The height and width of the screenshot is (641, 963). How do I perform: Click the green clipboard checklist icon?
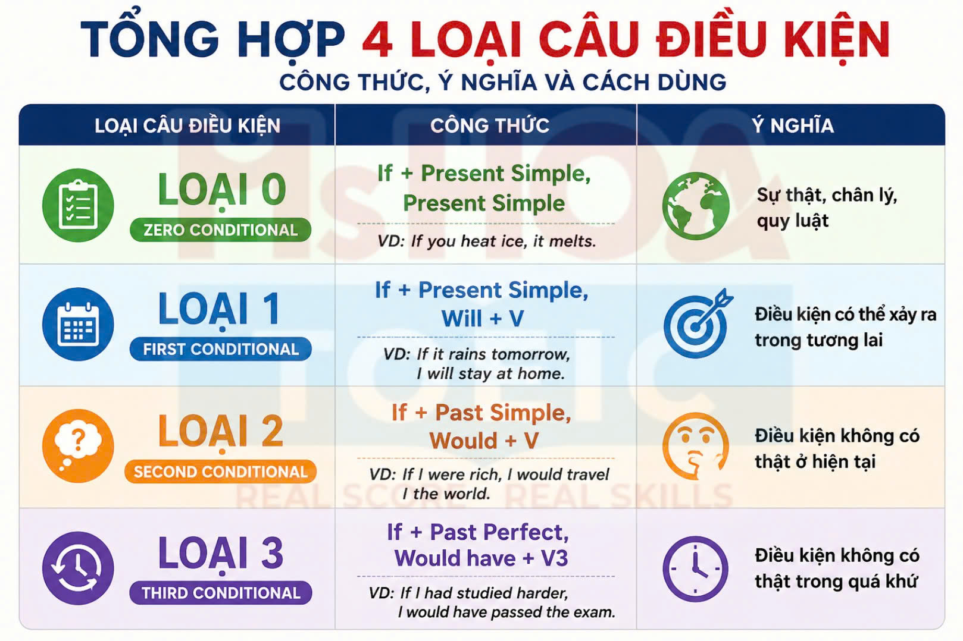(x=78, y=205)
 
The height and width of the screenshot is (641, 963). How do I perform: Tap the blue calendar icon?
(x=78, y=324)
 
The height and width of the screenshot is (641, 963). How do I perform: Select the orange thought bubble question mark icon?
(x=78, y=445)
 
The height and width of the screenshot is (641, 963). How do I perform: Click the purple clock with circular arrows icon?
(x=78, y=568)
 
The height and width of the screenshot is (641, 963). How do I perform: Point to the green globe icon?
(x=696, y=206)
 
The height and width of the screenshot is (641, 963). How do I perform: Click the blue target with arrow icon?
(x=698, y=323)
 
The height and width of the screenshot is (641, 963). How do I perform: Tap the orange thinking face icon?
(x=696, y=446)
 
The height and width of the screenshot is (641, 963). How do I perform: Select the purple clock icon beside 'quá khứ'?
(x=695, y=569)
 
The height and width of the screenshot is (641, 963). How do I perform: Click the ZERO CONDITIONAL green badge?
(x=221, y=230)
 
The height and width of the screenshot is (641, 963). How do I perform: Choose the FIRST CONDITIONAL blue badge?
(x=221, y=349)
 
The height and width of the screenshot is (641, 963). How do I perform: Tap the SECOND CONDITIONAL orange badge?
(x=221, y=472)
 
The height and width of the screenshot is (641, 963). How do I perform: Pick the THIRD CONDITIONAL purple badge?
(x=221, y=593)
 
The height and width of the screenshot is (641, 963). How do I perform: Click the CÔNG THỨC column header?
(x=490, y=125)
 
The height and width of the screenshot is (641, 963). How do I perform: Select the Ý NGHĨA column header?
(x=793, y=125)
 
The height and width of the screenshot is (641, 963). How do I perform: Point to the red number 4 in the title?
(x=377, y=39)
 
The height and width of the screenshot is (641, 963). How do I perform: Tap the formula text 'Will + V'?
(x=483, y=319)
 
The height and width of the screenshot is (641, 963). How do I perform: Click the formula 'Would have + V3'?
(x=481, y=558)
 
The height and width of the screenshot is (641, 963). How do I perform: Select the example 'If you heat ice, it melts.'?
(x=504, y=241)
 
